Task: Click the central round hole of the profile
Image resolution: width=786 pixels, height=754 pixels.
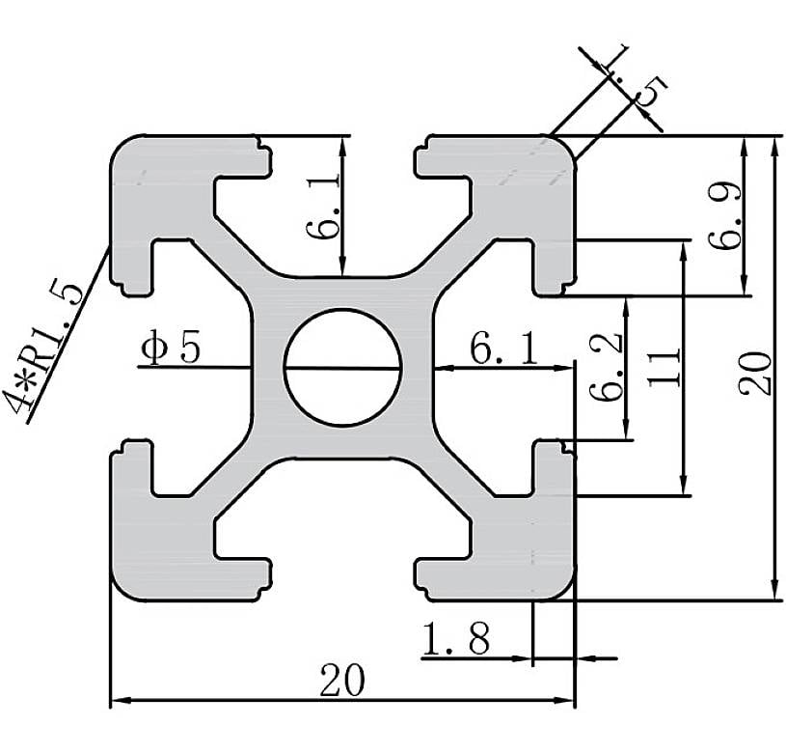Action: (342, 367)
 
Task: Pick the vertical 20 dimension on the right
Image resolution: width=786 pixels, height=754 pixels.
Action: (759, 372)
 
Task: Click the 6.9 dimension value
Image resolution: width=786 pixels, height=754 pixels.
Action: (725, 215)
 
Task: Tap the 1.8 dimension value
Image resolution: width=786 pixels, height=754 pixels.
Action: (456, 638)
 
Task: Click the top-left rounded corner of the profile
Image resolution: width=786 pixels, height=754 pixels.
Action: (122, 149)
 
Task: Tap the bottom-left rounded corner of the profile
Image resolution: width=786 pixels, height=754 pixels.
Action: (122, 587)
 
